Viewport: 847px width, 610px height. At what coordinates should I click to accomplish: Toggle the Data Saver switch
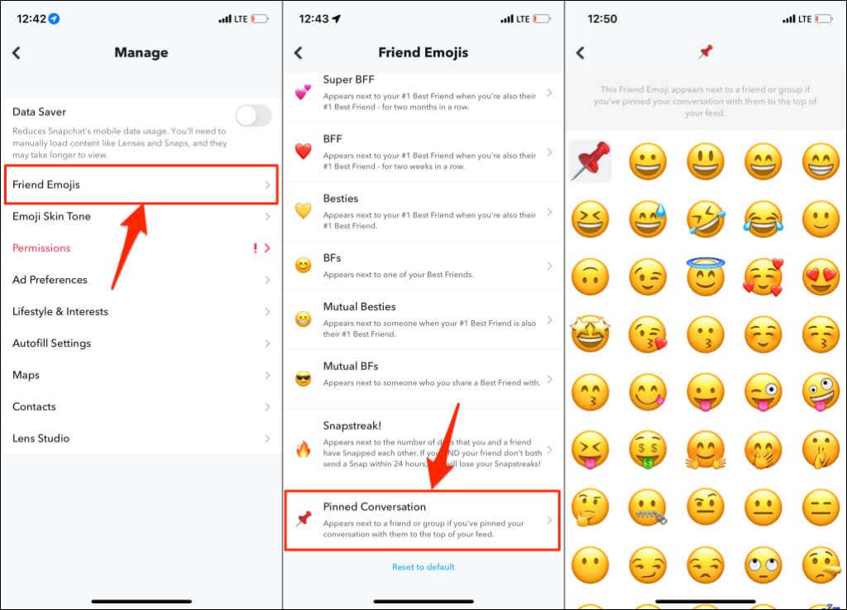coord(253,116)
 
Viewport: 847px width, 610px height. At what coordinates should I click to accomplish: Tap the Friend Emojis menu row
coord(141,185)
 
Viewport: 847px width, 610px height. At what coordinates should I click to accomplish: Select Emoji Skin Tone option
coord(51,217)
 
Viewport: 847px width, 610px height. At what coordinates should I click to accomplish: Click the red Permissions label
coord(41,248)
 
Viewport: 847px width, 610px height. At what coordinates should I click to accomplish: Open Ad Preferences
coord(50,280)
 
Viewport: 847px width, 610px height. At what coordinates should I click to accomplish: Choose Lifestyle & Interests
coord(60,312)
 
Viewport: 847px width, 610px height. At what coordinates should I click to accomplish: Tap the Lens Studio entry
coord(41,439)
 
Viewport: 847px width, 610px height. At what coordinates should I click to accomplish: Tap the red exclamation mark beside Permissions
coord(255,248)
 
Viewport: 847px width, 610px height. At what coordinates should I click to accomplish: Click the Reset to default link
coord(423,567)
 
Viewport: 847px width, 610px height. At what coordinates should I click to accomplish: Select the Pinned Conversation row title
coord(375,507)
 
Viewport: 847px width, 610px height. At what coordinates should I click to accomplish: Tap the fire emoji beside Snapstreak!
coord(304,450)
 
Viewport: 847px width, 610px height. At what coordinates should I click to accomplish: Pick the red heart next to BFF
coord(304,151)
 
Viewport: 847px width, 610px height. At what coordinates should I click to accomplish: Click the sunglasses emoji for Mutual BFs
coord(304,379)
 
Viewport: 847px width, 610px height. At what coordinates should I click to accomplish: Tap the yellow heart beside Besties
coord(304,211)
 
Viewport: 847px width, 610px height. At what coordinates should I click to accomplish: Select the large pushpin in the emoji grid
coord(590,161)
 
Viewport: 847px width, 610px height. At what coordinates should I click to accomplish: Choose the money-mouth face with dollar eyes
coord(648,449)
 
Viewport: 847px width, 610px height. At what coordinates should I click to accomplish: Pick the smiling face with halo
coord(705,277)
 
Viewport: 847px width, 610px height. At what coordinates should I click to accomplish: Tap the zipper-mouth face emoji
coord(648,507)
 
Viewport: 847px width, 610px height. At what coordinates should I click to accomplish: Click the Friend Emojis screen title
coord(423,53)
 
